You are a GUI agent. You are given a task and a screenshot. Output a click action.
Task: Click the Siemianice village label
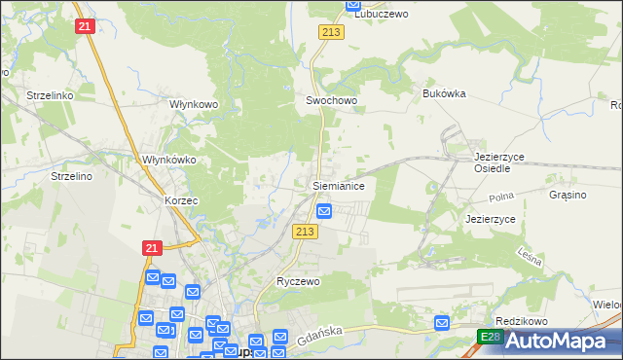(338, 184)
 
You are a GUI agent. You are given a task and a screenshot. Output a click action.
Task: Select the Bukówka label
(445, 93)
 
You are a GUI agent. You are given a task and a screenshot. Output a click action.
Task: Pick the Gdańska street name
(313, 332)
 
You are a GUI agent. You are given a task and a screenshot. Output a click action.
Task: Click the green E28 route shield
(491, 337)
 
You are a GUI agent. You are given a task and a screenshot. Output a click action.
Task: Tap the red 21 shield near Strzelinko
(84, 26)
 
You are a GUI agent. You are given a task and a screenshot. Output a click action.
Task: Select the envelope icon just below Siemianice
(325, 210)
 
